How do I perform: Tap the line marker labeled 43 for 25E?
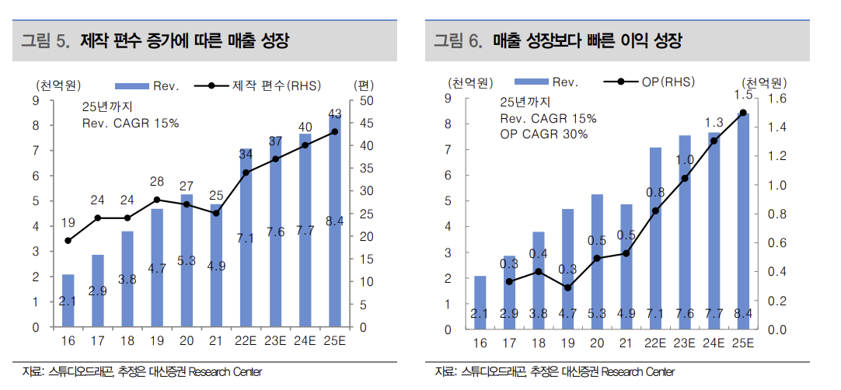(x=335, y=131)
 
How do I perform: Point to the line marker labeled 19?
(x=68, y=241)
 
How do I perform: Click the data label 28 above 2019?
(x=157, y=182)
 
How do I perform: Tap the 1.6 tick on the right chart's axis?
(x=776, y=99)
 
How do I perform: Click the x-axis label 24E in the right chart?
(x=714, y=343)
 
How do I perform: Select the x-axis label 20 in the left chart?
(x=187, y=342)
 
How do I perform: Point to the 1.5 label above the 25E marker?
(x=743, y=95)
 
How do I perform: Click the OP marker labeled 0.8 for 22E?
(x=655, y=211)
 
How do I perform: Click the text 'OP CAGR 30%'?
(x=543, y=134)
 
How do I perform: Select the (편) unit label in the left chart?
(x=364, y=85)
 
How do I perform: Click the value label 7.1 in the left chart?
(x=246, y=239)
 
